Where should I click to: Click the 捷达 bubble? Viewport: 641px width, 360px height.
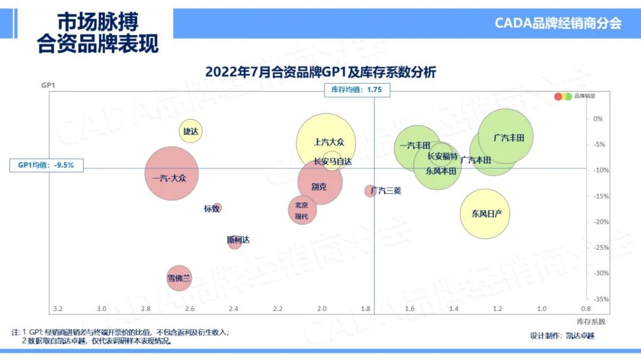pyautogui.click(x=191, y=131)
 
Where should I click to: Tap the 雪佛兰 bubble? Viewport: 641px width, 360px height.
pyautogui.click(x=179, y=278)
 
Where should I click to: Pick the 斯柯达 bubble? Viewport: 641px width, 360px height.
pyautogui.click(x=235, y=241)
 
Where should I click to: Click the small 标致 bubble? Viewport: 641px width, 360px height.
pyautogui.click(x=217, y=208)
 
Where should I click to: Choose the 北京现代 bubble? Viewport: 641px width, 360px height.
pyautogui.click(x=302, y=209)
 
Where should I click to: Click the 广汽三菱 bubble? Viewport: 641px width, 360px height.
pyautogui.click(x=370, y=190)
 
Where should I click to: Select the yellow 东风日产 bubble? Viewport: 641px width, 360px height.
pyautogui.click(x=485, y=214)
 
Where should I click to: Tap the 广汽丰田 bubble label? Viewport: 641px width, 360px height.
pyautogui.click(x=509, y=138)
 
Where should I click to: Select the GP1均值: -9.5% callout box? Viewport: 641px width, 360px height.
pyautogui.click(x=46, y=165)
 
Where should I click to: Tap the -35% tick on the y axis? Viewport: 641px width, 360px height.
pyautogui.click(x=601, y=299)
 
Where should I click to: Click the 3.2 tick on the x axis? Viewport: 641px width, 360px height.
pyautogui.click(x=58, y=309)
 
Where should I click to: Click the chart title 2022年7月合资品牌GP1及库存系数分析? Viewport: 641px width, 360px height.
pyautogui.click(x=320, y=72)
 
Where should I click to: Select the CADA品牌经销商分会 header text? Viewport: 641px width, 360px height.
pyautogui.click(x=558, y=24)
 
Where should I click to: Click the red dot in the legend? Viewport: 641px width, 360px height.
pyautogui.click(x=558, y=96)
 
